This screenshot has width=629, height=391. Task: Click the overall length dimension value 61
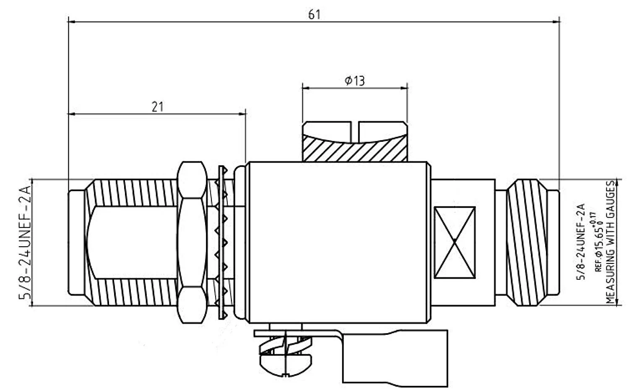click(x=314, y=15)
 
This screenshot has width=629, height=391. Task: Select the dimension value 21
click(x=157, y=107)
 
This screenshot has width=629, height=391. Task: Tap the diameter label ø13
click(x=355, y=81)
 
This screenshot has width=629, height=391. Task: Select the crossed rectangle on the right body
click(x=455, y=242)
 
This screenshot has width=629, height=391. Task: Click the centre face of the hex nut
click(x=192, y=242)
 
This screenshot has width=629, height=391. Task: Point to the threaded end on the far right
click(x=528, y=242)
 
